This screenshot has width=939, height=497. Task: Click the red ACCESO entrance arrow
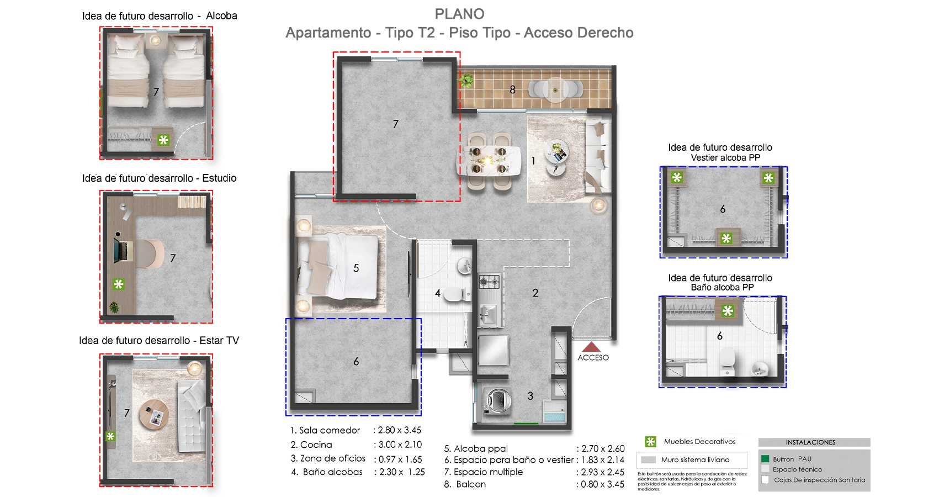(591, 347)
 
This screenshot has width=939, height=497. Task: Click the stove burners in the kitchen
(489, 282)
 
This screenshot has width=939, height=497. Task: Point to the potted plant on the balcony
(466, 81)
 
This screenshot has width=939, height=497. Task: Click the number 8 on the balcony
(512, 89)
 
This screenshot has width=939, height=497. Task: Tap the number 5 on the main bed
(356, 268)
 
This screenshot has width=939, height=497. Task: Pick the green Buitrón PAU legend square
(765, 458)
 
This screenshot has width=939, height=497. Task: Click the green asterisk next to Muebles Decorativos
(650, 442)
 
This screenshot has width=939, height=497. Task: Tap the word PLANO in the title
(459, 14)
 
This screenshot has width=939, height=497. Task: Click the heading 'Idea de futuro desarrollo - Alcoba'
(160, 16)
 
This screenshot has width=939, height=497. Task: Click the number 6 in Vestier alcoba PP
(723, 209)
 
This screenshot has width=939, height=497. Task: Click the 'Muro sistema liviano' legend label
(695, 459)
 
